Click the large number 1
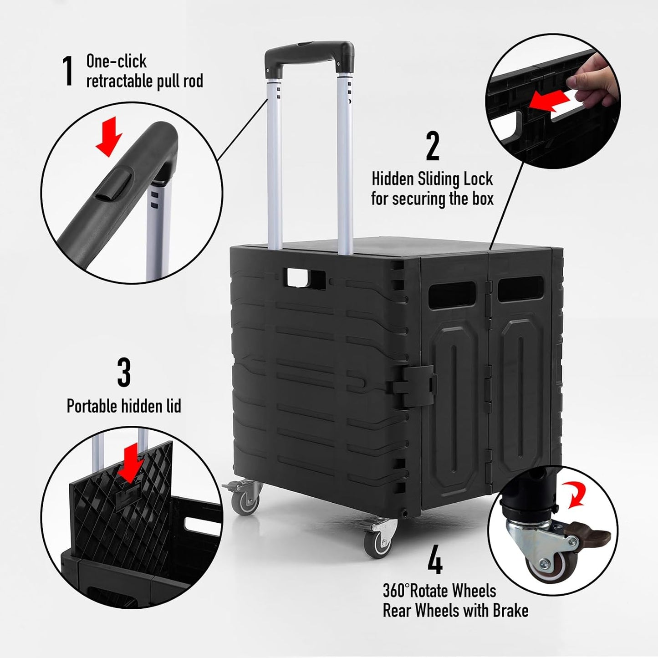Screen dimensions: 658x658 [68, 71]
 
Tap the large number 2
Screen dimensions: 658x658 [432, 146]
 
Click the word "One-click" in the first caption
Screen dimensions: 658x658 [117, 61]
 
